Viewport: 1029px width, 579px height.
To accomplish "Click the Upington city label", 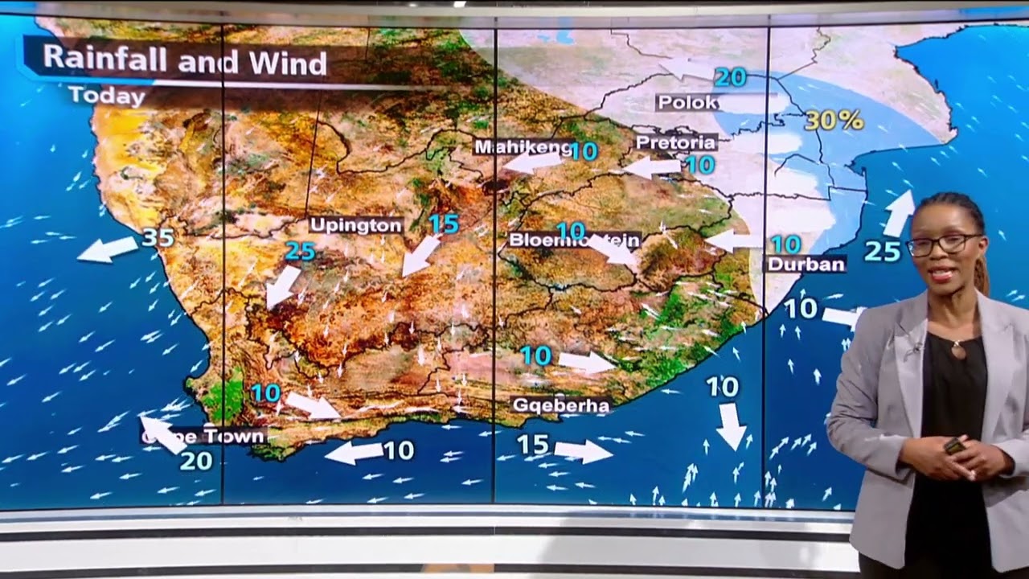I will click(355, 225).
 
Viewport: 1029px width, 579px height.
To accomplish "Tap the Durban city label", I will click(806, 264).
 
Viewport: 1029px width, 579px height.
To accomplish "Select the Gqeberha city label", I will click(560, 405).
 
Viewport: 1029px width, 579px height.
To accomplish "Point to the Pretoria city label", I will click(675, 142).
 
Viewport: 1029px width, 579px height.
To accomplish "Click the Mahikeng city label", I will click(523, 147).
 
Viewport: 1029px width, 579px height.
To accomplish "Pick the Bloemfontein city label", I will click(574, 240).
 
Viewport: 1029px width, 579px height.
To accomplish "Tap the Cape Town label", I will click(203, 436).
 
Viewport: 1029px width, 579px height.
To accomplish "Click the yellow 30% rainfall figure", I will click(834, 121).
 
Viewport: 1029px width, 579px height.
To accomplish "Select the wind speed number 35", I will click(158, 237).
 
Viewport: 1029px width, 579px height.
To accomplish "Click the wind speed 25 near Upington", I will click(300, 252).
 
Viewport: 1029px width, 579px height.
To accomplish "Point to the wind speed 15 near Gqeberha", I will click(532, 444).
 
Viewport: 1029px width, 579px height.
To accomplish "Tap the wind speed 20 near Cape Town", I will click(196, 461).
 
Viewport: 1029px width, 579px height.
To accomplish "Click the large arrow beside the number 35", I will click(108, 249).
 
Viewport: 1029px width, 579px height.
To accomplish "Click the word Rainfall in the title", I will click(108, 60).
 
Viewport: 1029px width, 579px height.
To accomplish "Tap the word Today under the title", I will click(106, 96).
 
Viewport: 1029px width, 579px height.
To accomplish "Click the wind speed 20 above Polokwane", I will click(730, 77).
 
